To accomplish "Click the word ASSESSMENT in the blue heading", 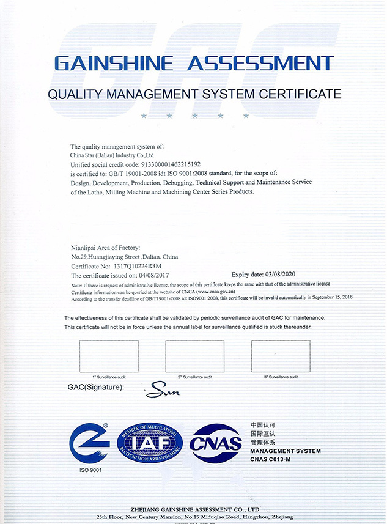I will click(x=261, y=64).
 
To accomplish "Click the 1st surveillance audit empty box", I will click(x=109, y=355).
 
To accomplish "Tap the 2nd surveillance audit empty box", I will click(x=194, y=355).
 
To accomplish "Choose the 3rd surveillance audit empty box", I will click(x=281, y=355).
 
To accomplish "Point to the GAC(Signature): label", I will click(x=95, y=388).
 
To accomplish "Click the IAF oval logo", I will click(x=150, y=443).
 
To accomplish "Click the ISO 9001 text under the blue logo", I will click(x=89, y=470).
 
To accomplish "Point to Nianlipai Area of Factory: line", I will click(x=105, y=247).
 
